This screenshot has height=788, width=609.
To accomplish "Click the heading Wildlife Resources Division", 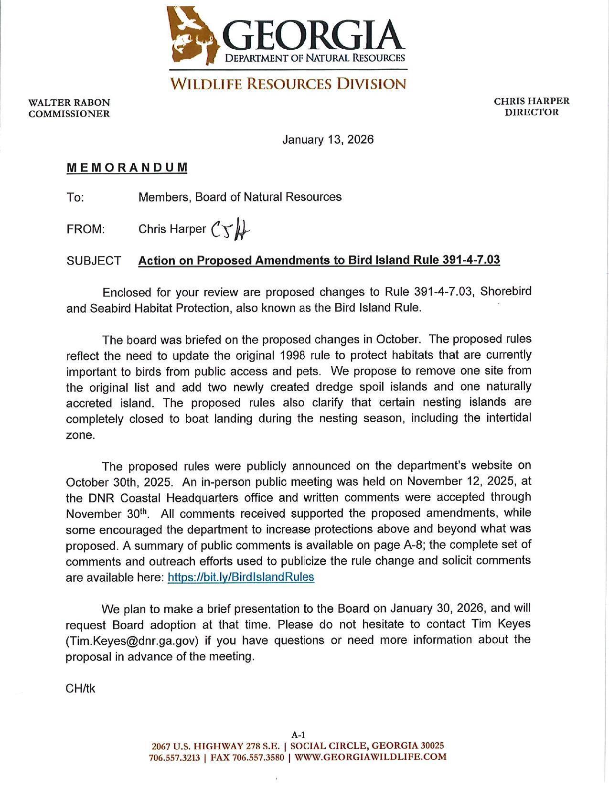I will point(288,84).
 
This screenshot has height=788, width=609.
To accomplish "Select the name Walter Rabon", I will point(69,103).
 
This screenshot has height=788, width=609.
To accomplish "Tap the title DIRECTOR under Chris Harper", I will point(532,112).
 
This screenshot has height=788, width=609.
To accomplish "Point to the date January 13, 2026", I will point(328,139).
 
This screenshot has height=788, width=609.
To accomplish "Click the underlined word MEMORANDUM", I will point(127,168).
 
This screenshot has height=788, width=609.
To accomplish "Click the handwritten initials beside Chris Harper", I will point(230,230).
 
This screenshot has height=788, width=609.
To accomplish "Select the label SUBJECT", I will point(94,261).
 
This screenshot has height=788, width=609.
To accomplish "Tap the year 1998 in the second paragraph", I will point(292,355).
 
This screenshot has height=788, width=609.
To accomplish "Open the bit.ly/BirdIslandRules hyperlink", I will point(241,577).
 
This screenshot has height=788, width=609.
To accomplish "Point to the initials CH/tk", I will point(80,688).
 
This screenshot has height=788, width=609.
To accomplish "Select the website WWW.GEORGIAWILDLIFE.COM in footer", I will point(371,757).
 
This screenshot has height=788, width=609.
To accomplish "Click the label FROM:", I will point(85,229).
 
